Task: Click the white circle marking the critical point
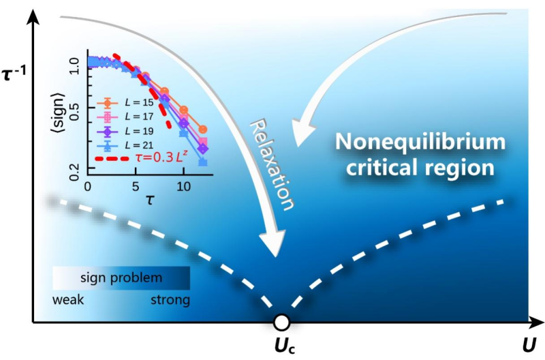click(x=281, y=322)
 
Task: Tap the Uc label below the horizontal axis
click(x=285, y=347)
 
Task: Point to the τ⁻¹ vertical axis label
click(x=14, y=74)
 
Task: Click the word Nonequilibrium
click(x=420, y=142)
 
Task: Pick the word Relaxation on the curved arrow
click(x=272, y=164)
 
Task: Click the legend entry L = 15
click(x=139, y=102)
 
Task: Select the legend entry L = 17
click(x=139, y=117)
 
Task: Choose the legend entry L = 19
click(x=139, y=131)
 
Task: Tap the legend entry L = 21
click(x=139, y=145)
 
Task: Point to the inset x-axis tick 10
click(x=183, y=187)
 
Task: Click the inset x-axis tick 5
click(x=136, y=187)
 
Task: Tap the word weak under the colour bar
click(x=67, y=299)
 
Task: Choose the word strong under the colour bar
click(x=170, y=300)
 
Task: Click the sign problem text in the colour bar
click(x=121, y=278)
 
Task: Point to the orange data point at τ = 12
click(x=203, y=130)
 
